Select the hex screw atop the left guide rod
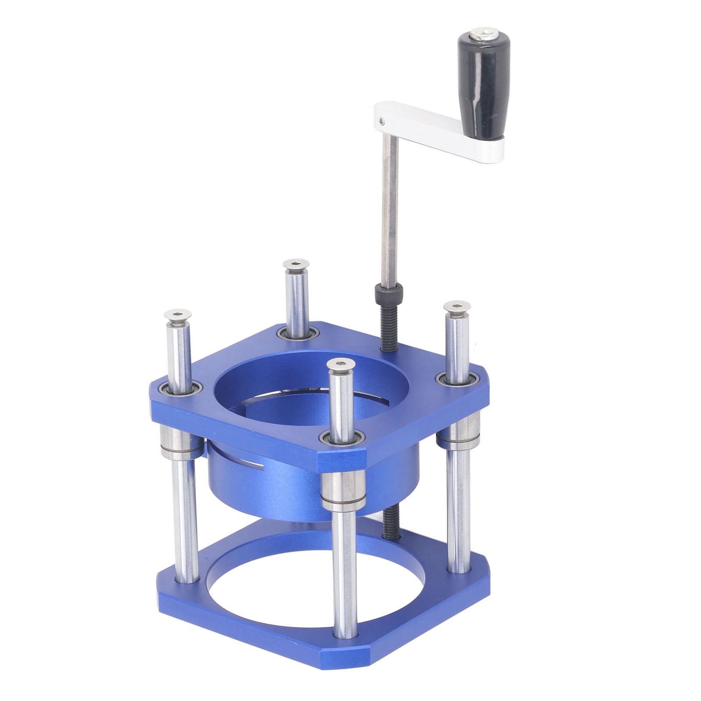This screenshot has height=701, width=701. point(175,315)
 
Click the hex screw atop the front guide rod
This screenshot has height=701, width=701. point(340,364)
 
